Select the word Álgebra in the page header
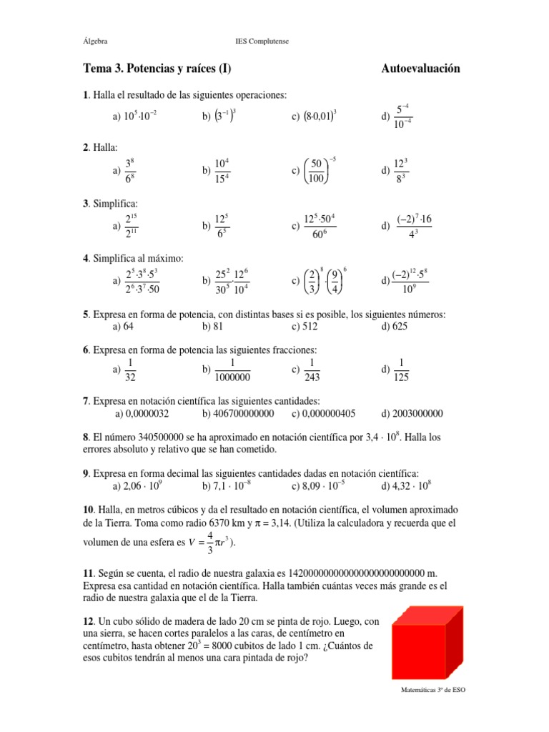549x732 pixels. [x=96, y=41]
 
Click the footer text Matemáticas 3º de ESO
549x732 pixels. [x=432, y=691]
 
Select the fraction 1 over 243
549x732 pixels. [x=312, y=370]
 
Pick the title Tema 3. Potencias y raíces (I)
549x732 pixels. [x=158, y=69]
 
